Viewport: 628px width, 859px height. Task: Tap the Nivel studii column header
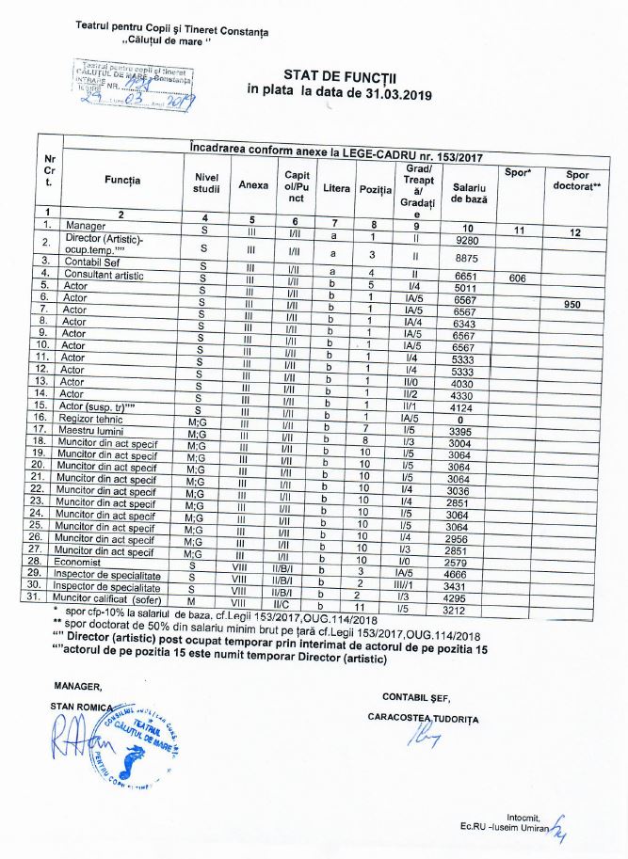pyautogui.click(x=206, y=185)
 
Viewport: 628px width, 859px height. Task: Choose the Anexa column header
pyautogui.click(x=253, y=185)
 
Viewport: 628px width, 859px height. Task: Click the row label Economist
pyautogui.click(x=85, y=561)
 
